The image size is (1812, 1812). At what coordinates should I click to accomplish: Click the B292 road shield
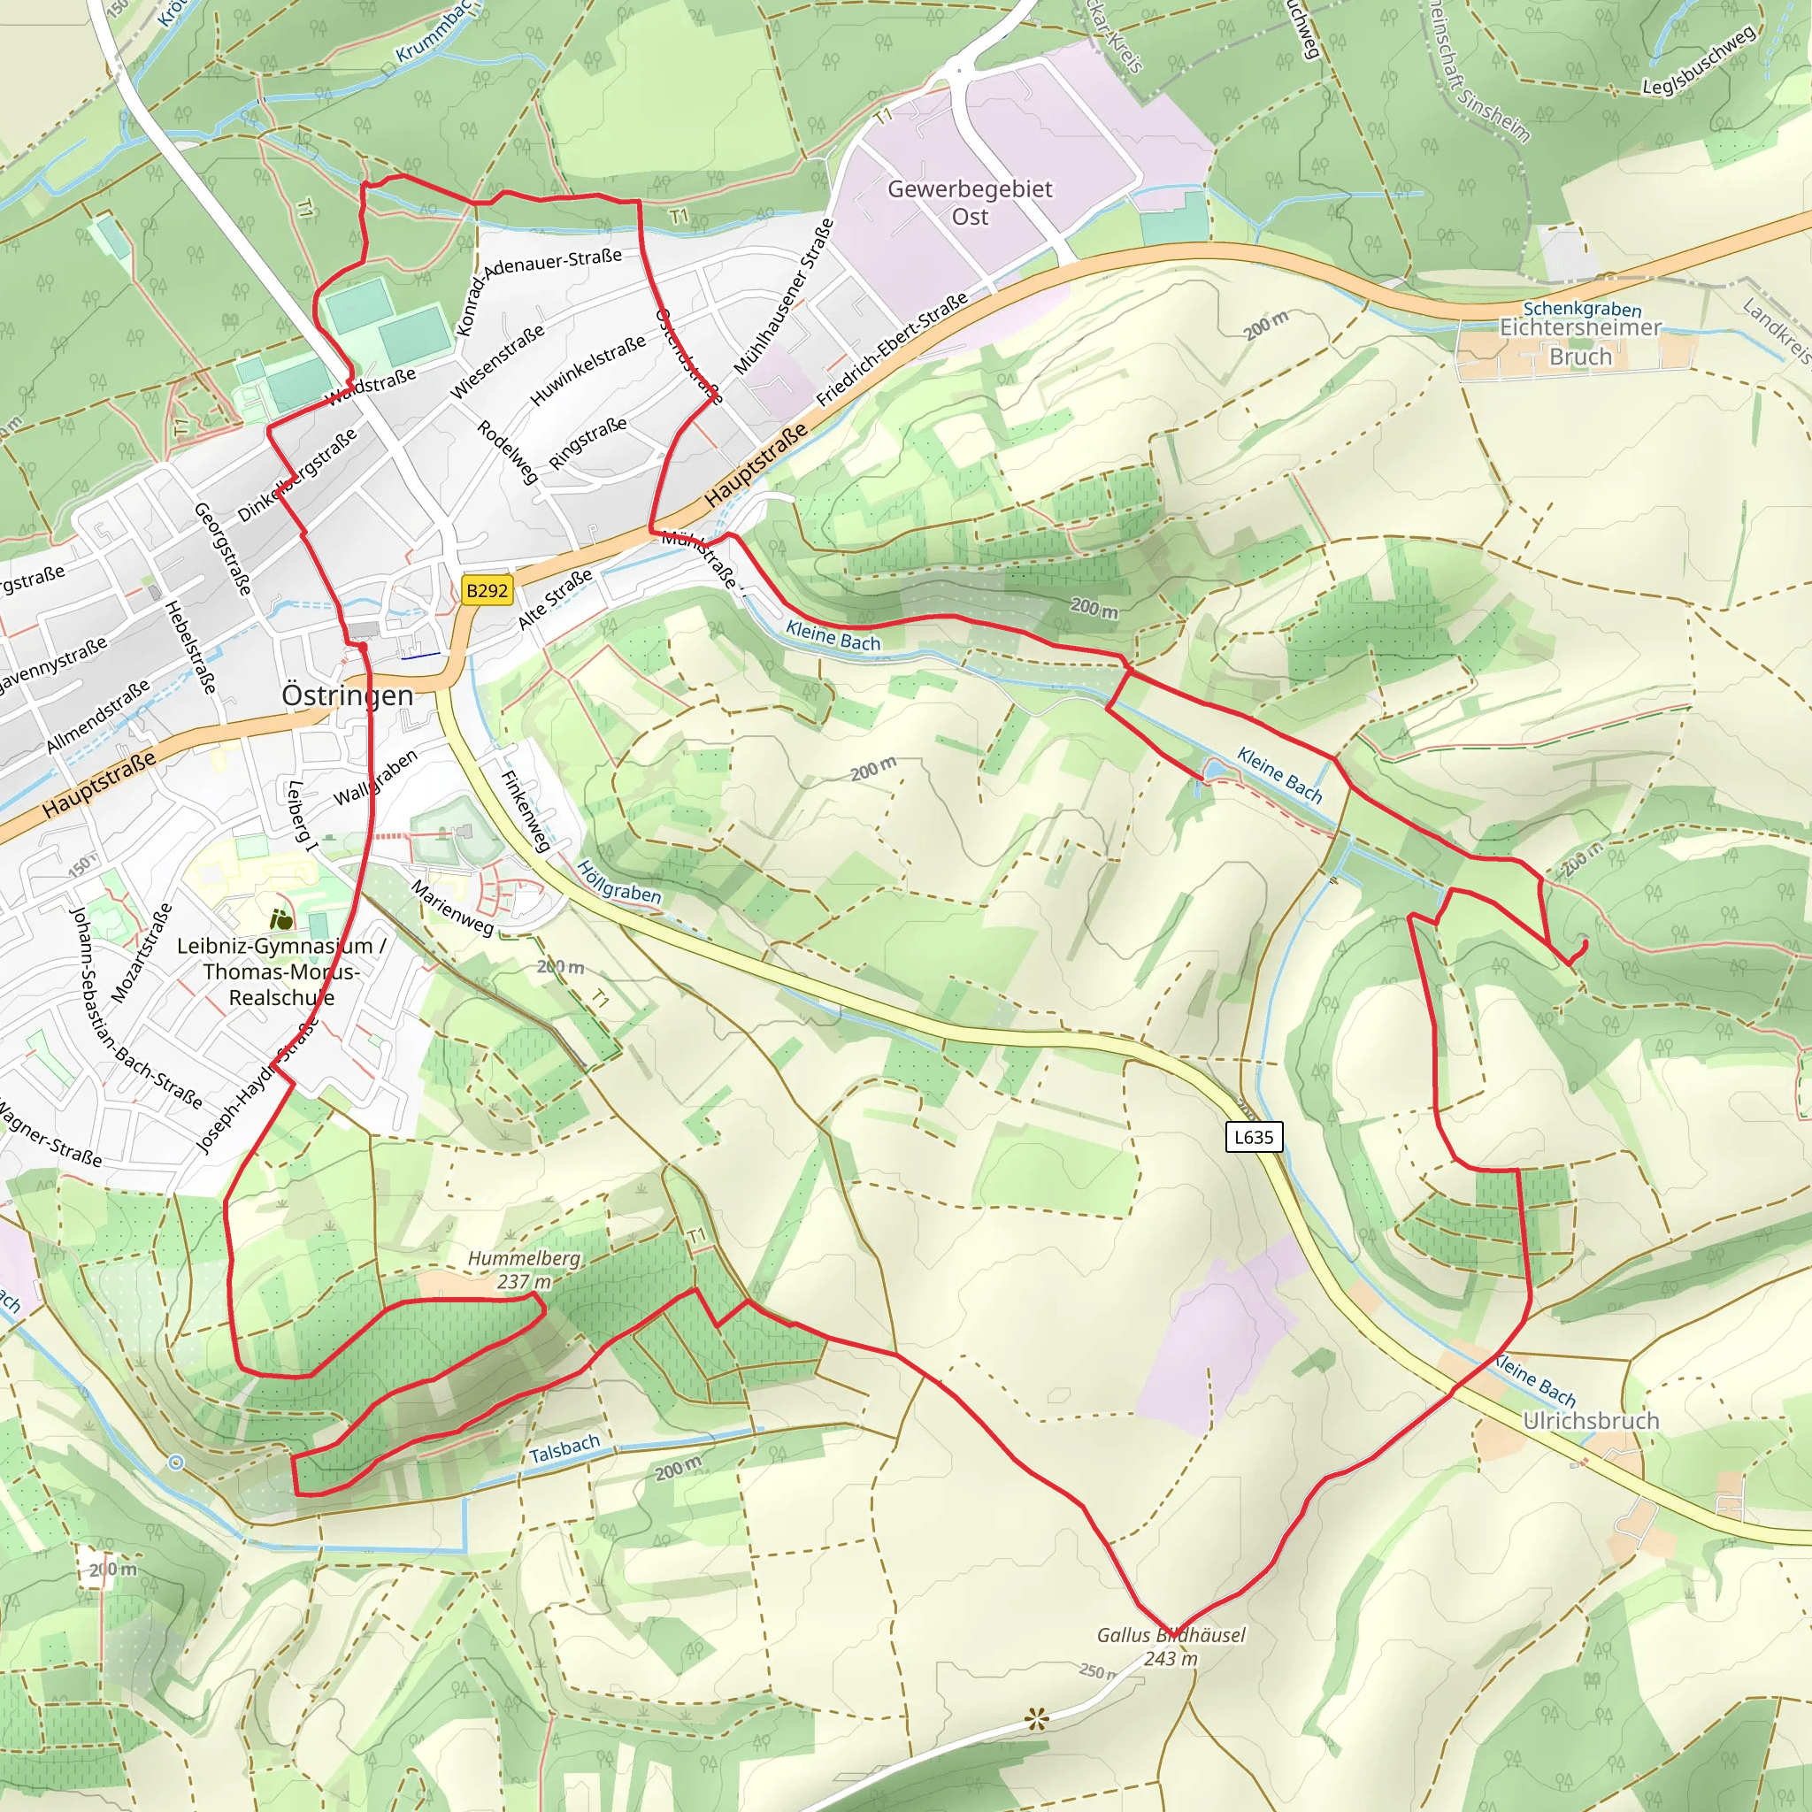487,590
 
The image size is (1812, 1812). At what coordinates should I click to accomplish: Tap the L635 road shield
1253,1137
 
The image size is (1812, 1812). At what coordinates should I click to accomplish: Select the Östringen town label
347,695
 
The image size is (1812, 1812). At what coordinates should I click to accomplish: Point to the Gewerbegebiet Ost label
970,203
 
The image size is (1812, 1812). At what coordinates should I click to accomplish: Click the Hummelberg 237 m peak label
525,1269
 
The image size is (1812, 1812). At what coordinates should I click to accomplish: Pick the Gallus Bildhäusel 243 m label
1171,1646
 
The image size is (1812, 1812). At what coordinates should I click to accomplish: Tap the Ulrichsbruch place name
1591,1420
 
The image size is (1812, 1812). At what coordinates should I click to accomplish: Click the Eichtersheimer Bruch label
1580,342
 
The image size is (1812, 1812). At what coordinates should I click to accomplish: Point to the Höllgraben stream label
619,881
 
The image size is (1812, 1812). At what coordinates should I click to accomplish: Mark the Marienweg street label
452,908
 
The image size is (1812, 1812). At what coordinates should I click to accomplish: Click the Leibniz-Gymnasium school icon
280,918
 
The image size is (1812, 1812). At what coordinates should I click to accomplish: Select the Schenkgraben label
1582,309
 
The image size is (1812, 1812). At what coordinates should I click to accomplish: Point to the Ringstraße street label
588,442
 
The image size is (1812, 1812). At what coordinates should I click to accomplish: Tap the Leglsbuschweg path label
1699,61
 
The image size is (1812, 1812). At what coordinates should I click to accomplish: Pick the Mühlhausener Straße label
783,297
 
